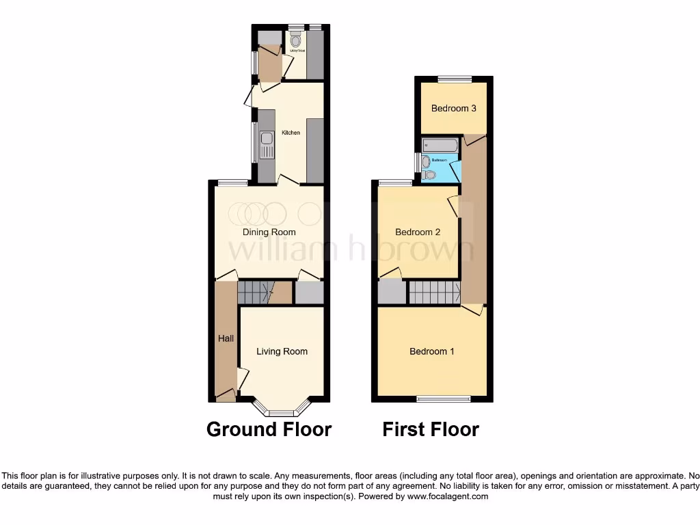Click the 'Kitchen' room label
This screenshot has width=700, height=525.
[x=291, y=133]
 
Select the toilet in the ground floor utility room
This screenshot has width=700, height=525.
[x=295, y=40]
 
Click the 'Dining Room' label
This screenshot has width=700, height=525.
[x=269, y=232]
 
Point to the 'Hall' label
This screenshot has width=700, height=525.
[x=226, y=338]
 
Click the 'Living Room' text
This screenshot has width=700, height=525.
[x=282, y=351]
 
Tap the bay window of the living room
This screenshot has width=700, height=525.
[x=280, y=412]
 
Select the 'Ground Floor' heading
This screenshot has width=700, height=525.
[x=269, y=429]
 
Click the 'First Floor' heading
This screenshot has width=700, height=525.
[x=431, y=429]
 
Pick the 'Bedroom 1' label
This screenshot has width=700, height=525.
[x=432, y=351]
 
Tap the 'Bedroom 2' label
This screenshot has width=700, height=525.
[x=418, y=232]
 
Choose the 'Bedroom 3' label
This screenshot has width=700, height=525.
[x=453, y=108]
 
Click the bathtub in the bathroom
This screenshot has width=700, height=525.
[x=440, y=145]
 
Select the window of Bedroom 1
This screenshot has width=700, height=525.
[x=444, y=398]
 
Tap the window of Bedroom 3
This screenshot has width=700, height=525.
[x=455, y=79]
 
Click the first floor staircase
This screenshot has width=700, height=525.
[x=435, y=293]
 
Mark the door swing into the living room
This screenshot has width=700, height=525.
[x=242, y=378]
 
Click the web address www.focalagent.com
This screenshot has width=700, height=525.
[x=448, y=496]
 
